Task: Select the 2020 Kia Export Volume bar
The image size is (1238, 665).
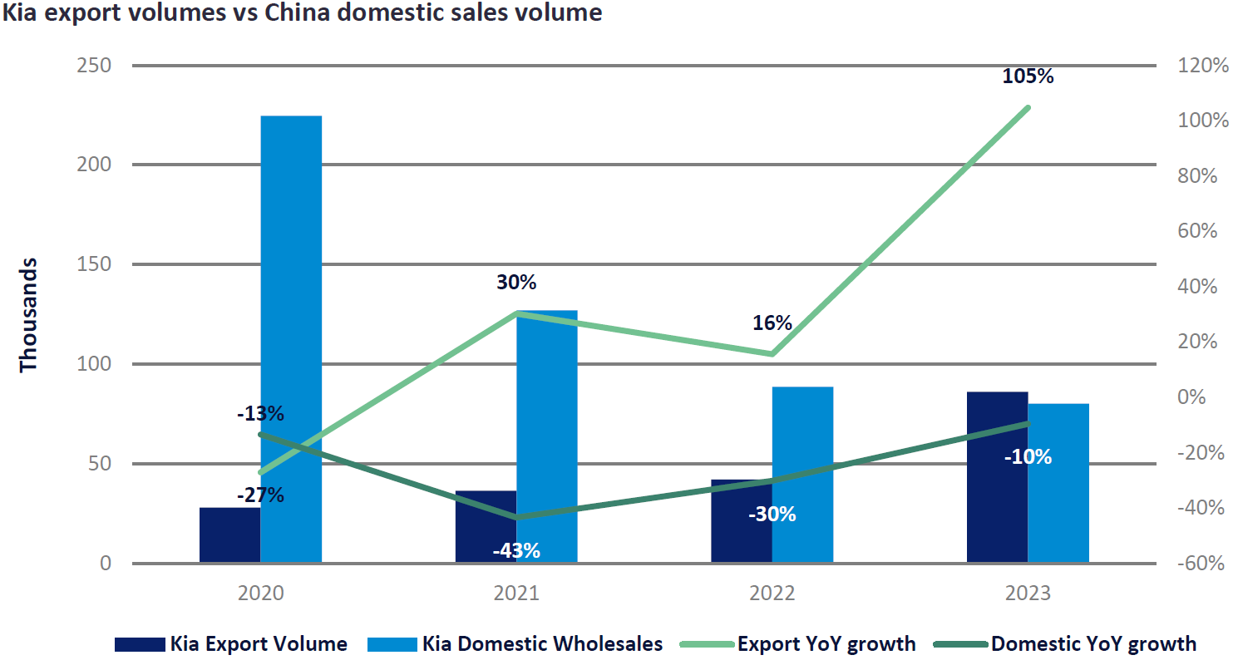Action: click(x=229, y=535)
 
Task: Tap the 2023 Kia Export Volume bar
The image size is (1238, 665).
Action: click(x=997, y=477)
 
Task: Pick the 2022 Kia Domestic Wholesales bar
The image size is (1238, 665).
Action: click(x=802, y=475)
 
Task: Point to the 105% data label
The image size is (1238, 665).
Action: click(x=1028, y=76)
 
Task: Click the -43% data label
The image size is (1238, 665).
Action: click(x=515, y=550)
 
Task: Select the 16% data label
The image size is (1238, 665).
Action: click(x=772, y=323)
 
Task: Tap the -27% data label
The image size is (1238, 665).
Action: click(x=260, y=496)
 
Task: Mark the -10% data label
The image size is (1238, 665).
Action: click(x=1028, y=457)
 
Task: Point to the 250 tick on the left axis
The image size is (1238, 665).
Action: click(x=94, y=66)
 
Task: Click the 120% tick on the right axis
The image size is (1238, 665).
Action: click(x=1201, y=66)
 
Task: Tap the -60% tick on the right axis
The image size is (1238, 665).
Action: click(x=1200, y=564)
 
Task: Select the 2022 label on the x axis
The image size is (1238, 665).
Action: click(x=772, y=594)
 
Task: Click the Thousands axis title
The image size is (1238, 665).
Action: click(x=29, y=315)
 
